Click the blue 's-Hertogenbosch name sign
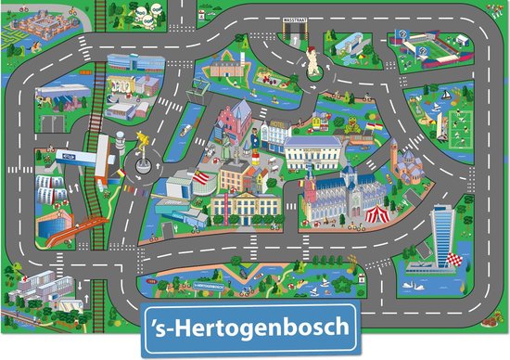255,328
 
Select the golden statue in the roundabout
143,139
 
